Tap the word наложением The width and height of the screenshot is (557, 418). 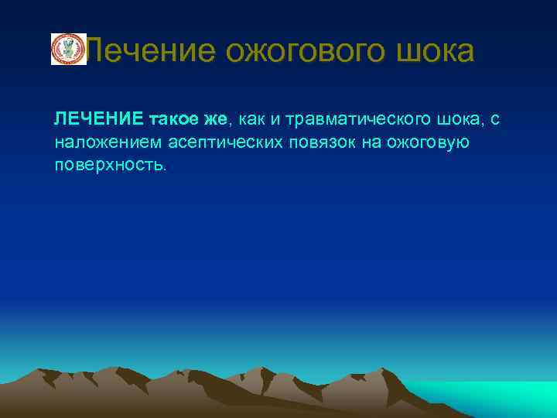(x=104, y=142)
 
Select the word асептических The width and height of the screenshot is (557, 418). (x=210, y=142)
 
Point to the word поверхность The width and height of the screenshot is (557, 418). (x=108, y=166)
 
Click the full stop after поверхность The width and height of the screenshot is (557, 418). (x=164, y=170)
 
